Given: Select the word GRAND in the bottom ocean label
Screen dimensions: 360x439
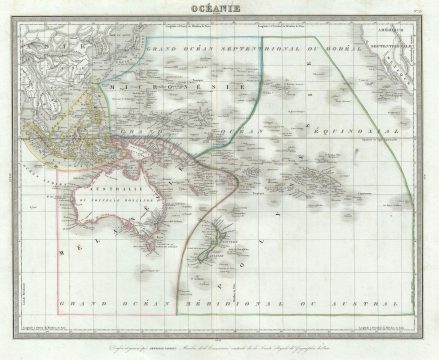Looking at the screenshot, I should (78, 301).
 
